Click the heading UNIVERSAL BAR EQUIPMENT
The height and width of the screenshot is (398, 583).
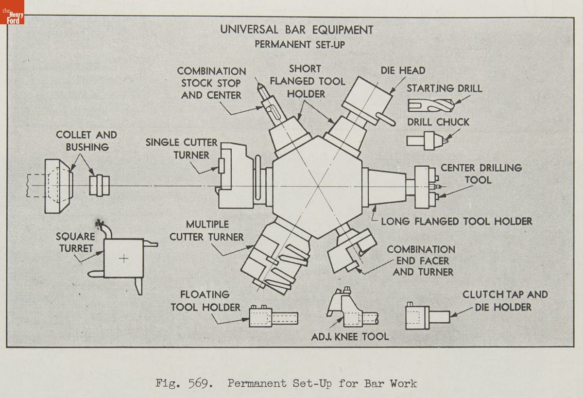coord(297,29)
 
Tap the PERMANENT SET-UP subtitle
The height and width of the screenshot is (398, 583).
coord(297,44)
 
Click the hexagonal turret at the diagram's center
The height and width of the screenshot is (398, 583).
coord(317,187)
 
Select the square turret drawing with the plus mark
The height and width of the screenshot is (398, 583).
coord(123,259)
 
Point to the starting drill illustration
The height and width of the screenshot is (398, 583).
coord(430,104)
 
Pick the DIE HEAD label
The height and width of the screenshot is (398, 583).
coord(403,70)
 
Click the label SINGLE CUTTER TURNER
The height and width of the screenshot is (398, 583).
coord(182,149)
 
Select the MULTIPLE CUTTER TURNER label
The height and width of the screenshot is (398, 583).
coord(207,231)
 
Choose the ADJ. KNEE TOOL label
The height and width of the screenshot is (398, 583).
coord(350,336)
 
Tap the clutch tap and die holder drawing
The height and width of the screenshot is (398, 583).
coord(427,317)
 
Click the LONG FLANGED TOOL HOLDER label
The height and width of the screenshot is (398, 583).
coord(456,222)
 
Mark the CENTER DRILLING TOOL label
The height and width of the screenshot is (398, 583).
coord(480,173)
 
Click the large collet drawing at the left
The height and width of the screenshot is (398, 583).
coord(58,186)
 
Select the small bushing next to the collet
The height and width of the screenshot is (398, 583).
coord(99,186)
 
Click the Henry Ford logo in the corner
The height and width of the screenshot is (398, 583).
coord(12,12)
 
